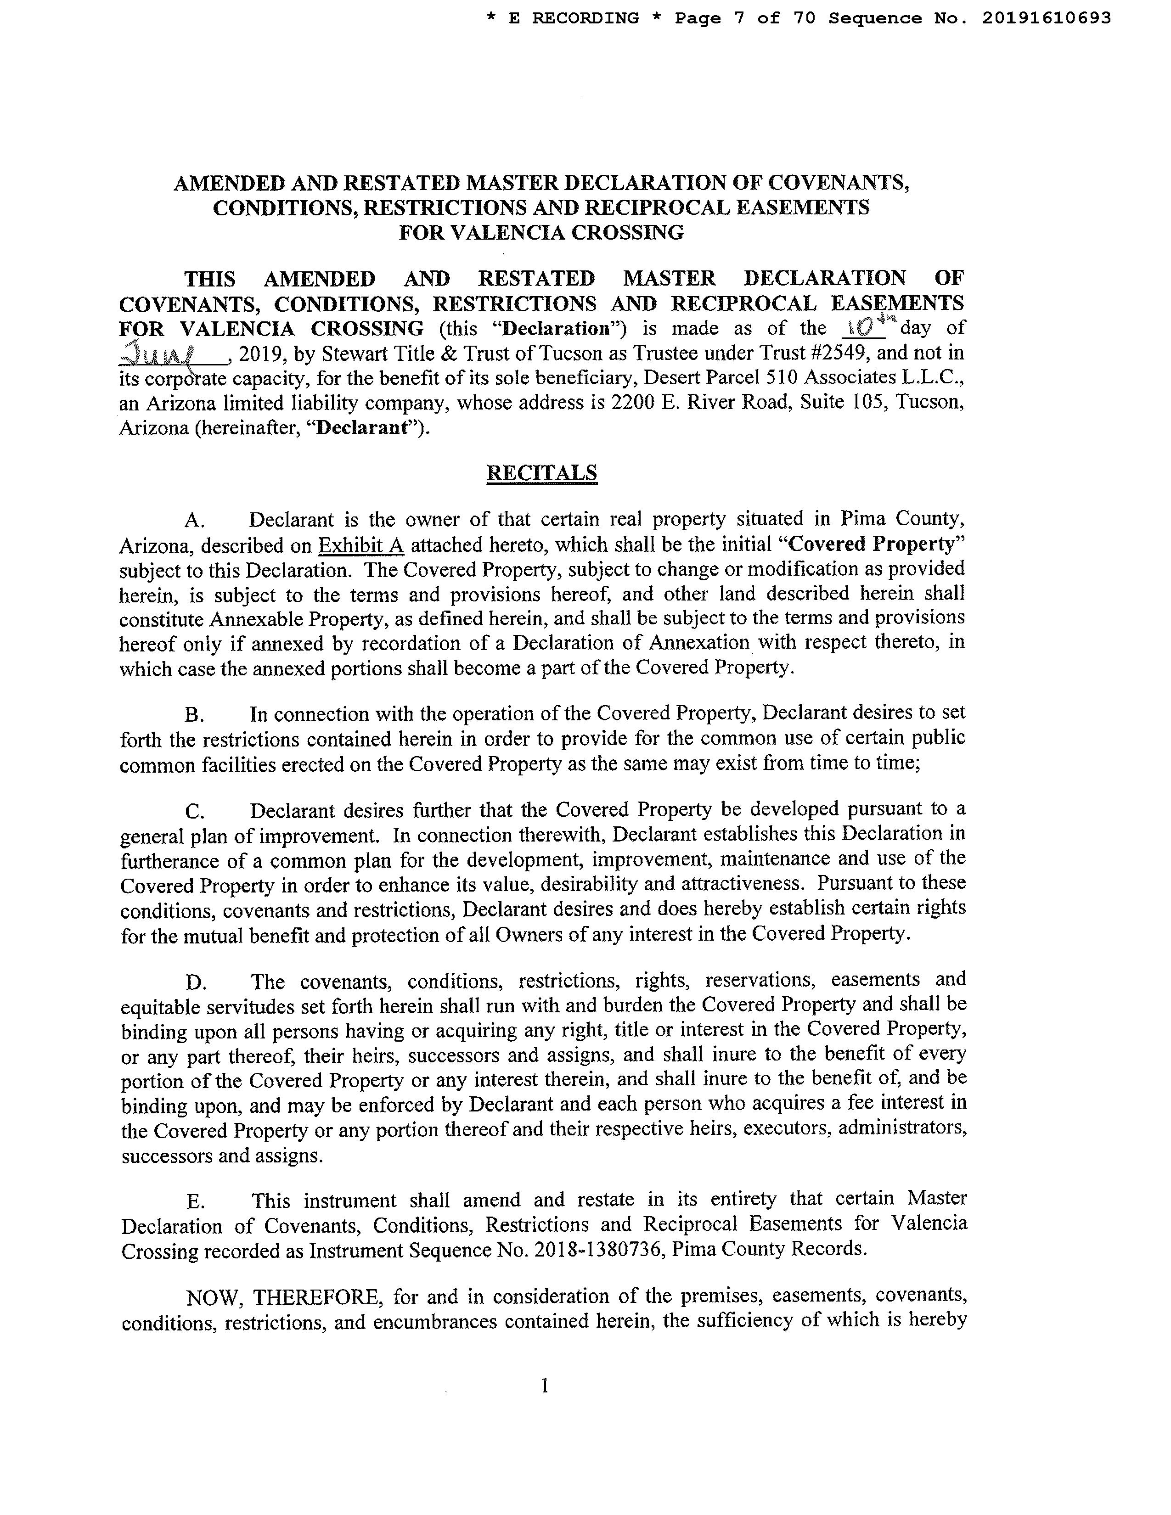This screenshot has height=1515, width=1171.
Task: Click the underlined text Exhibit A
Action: click(x=361, y=545)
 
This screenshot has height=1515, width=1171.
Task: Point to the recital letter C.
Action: click(x=194, y=811)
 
